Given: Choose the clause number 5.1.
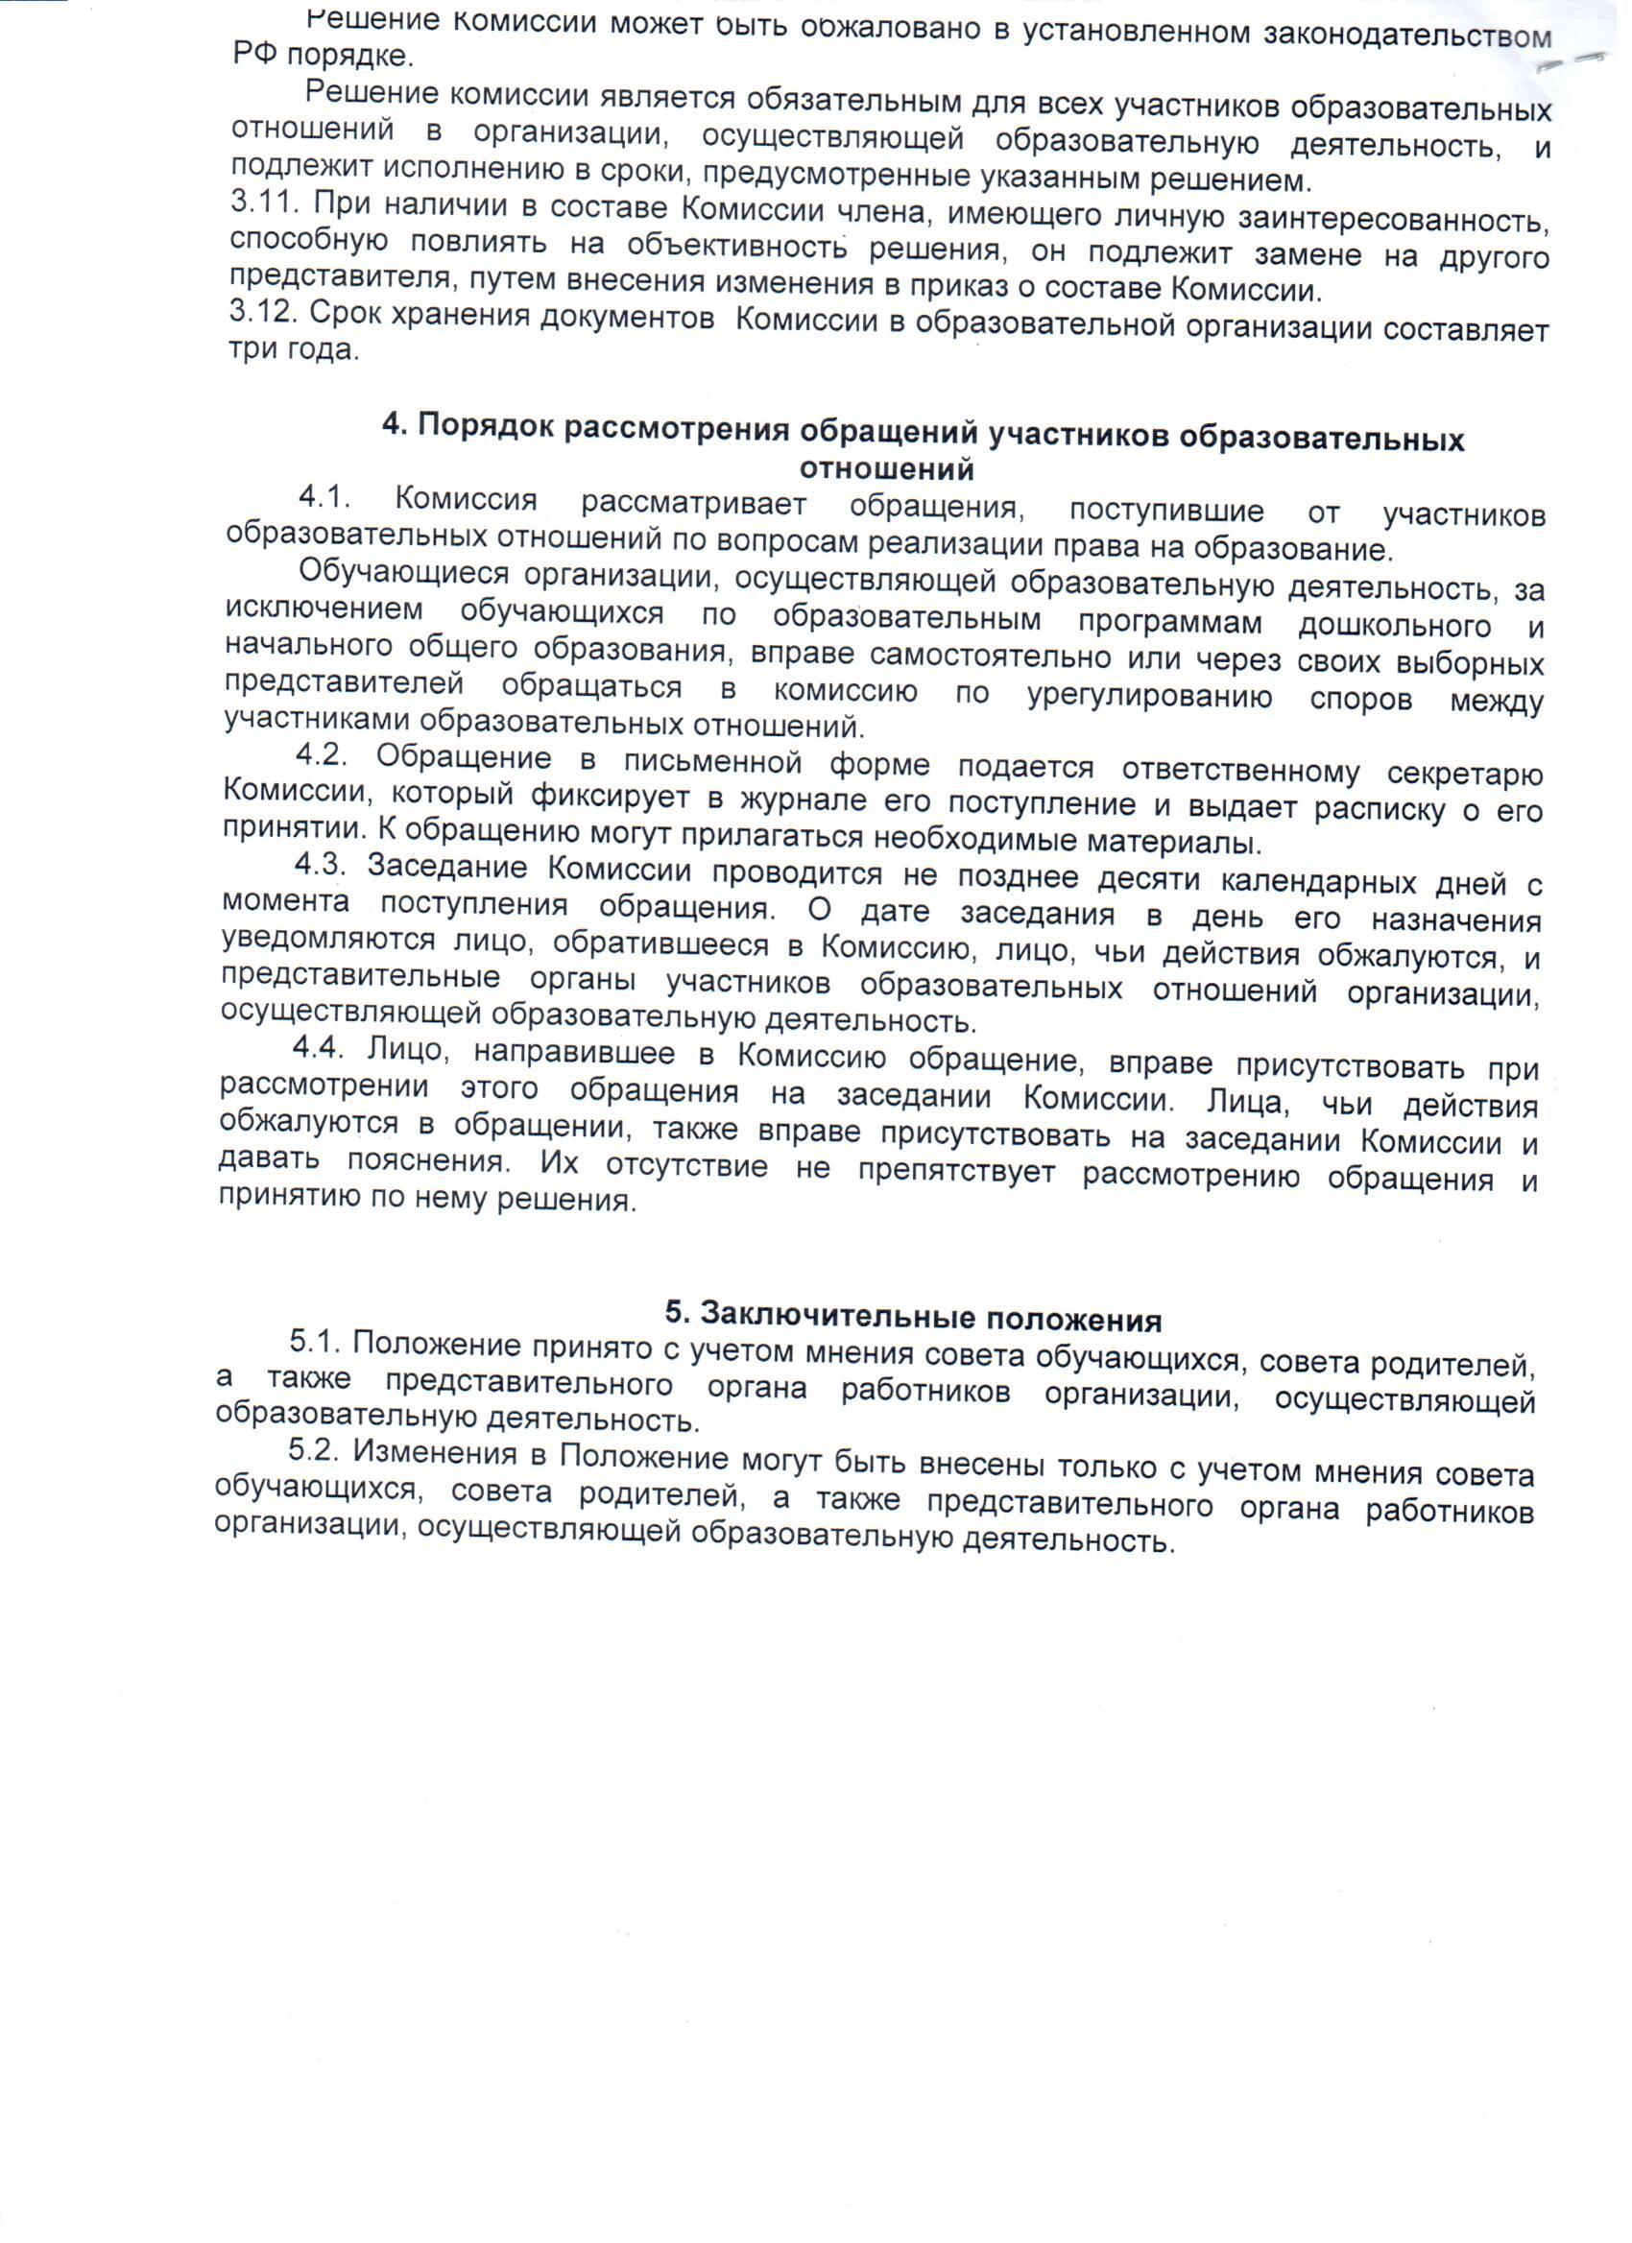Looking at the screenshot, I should point(316,1343).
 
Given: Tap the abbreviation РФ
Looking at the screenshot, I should point(255,55).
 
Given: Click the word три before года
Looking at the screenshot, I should point(253,349).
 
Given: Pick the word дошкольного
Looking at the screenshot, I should point(1395,626).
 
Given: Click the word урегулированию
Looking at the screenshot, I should point(1150,697).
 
